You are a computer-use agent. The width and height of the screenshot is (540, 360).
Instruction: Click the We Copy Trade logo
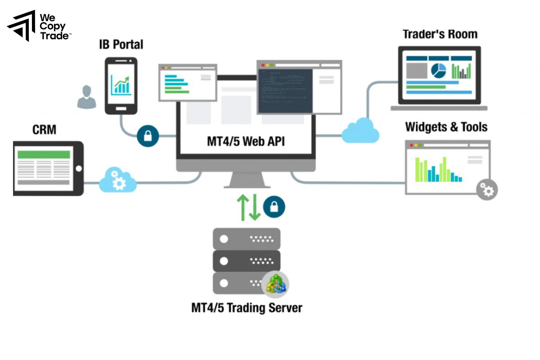coord(39,26)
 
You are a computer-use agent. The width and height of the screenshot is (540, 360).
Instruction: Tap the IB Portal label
coord(121,45)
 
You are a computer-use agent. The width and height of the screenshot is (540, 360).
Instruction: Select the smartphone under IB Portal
coord(121,85)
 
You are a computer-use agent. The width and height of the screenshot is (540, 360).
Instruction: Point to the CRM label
coord(45,130)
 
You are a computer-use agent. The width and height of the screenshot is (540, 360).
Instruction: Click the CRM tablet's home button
coord(79,169)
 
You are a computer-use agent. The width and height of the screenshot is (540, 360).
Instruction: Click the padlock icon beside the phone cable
coord(148,135)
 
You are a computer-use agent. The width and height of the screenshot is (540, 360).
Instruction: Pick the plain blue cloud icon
coord(360,130)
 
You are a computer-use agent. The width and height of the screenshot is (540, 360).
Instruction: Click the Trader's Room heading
coord(440,34)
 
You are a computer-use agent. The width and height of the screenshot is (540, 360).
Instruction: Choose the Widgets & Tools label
coord(446,127)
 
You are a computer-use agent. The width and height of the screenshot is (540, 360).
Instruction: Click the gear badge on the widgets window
coord(487,189)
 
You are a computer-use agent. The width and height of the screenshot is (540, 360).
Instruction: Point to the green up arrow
coord(243,207)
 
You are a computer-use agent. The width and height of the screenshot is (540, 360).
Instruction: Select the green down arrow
coord(255,207)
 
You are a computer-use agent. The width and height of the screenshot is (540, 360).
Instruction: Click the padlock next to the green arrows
coord(274,207)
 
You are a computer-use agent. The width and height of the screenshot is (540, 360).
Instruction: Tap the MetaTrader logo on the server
coord(275,284)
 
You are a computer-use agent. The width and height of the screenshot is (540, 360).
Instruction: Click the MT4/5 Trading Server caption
coord(247,308)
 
